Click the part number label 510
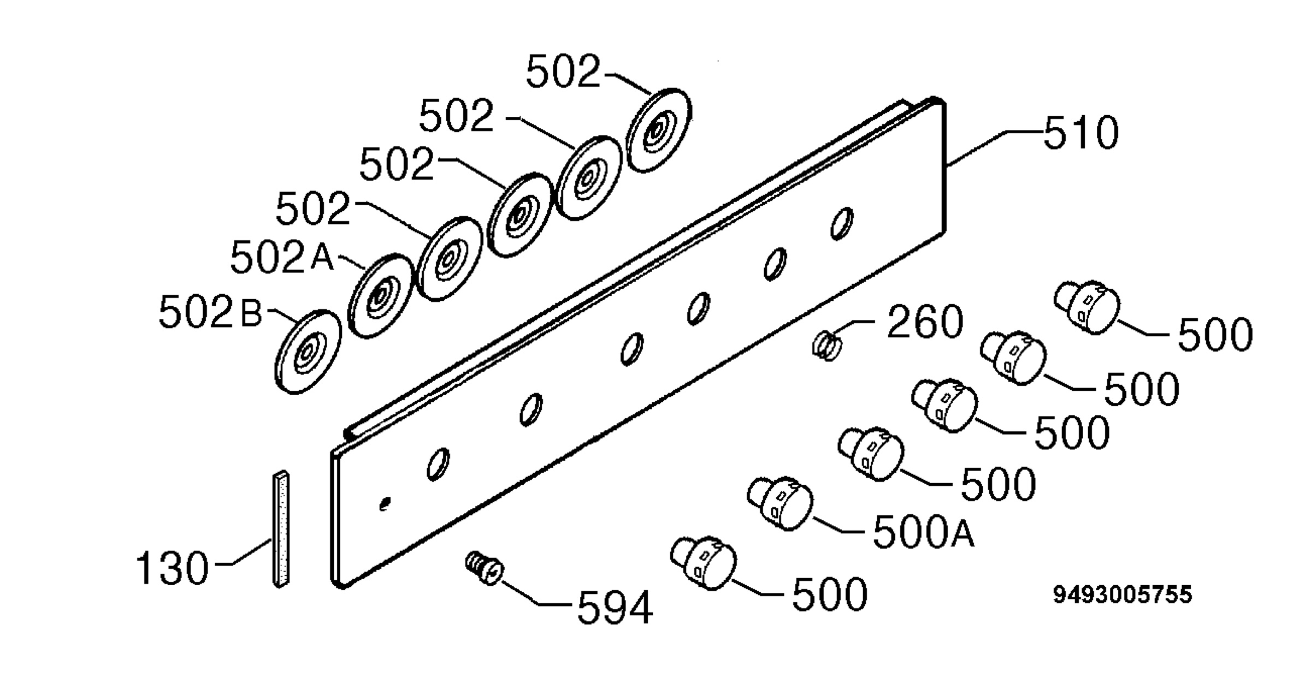pos(1080,133)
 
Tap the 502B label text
pos(210,313)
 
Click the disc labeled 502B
pos(308,352)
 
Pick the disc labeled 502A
pos(380,295)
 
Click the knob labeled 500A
pos(780,503)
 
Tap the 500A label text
pos(924,532)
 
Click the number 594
pos(615,607)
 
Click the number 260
pos(925,322)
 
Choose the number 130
pos(172,568)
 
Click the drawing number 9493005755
pos(1123,595)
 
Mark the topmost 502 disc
pos(659,130)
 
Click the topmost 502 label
pos(563,72)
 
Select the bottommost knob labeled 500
pos(704,563)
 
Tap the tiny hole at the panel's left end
pos(385,504)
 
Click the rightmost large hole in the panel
pos(842,223)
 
